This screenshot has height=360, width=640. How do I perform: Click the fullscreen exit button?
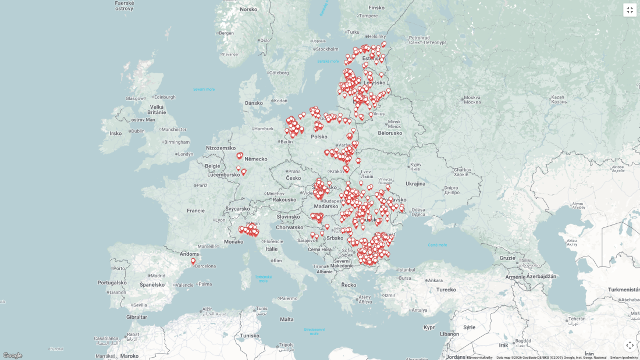(x=630, y=10)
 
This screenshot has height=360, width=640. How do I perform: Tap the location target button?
(x=630, y=345)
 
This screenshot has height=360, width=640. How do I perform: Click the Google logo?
(x=12, y=355)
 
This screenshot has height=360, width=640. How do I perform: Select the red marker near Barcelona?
(x=193, y=261)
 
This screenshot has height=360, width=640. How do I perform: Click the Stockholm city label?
(x=326, y=49)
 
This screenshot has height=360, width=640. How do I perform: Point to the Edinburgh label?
(x=164, y=97)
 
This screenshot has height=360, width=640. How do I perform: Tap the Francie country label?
(x=195, y=211)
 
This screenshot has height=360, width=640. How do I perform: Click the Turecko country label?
(x=446, y=289)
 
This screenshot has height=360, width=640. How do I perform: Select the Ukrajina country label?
(x=415, y=183)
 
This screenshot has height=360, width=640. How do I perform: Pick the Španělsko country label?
(x=152, y=284)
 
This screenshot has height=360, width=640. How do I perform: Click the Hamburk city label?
(x=264, y=129)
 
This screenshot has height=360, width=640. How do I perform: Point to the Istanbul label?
(x=406, y=269)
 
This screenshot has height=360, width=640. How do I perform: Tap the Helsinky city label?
(x=377, y=35)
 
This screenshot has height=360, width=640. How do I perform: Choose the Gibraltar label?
(x=137, y=316)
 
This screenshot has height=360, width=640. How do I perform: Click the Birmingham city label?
(x=177, y=142)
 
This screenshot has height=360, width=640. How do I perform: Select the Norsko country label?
(x=248, y=9)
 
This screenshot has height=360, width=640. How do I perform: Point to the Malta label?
(x=287, y=319)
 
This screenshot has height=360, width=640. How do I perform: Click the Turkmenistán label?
(x=623, y=289)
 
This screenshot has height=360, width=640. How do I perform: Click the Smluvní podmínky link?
(x=624, y=357)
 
